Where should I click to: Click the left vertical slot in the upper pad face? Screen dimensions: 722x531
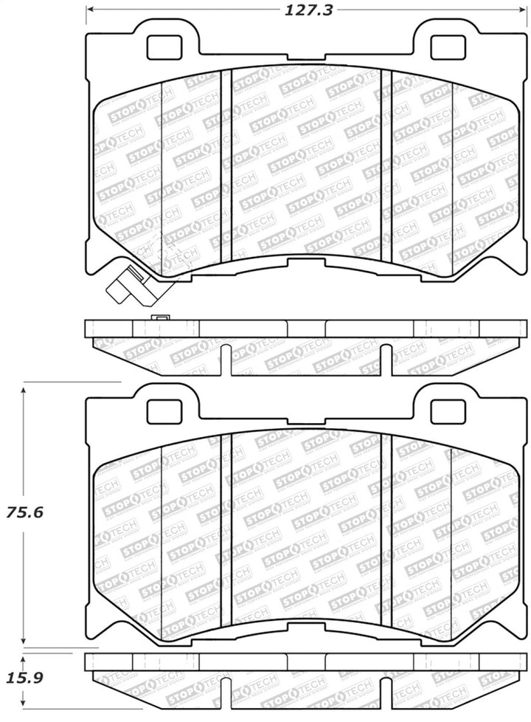pos(227,166)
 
